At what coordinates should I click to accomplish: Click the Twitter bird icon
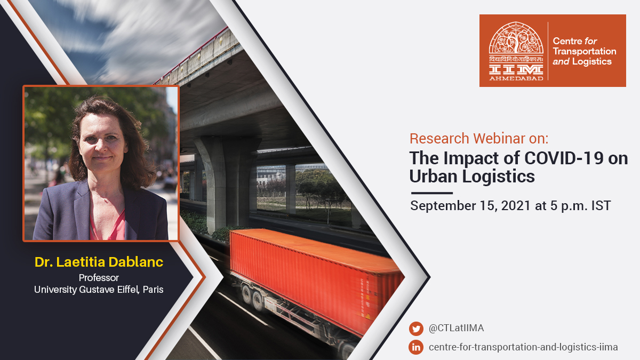416,329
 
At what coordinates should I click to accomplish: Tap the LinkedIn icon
416,347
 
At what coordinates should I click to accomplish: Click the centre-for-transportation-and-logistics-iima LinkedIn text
523,347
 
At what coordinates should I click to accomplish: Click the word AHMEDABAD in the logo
515,77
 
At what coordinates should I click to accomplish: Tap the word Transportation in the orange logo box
585,51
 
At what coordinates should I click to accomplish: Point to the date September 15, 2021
470,206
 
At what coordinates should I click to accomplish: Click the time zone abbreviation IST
600,206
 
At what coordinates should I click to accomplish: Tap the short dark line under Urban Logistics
431,193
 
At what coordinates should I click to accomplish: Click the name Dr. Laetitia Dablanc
99,262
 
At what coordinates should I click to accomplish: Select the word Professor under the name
99,278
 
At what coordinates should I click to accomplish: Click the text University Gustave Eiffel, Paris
99,290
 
